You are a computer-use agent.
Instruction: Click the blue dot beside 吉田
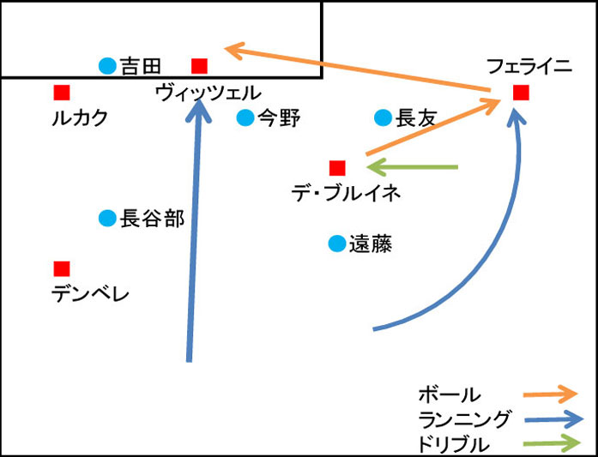coord(107,65)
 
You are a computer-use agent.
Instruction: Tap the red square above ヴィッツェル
coord(199,65)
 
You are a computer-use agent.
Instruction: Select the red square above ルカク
coord(61,93)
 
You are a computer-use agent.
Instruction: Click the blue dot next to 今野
coord(245,117)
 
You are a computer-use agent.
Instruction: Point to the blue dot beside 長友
coord(383,117)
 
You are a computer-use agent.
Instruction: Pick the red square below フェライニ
coord(520,93)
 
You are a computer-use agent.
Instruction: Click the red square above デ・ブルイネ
coord(337,167)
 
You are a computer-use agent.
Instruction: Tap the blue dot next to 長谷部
coord(107,219)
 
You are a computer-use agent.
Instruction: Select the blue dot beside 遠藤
coord(336,244)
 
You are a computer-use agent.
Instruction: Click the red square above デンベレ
coord(61,268)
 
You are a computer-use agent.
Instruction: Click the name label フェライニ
coord(529,66)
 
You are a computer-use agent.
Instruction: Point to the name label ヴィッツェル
coord(208,93)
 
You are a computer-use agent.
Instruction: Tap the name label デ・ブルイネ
coord(346,194)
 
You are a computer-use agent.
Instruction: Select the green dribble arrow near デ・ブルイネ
coord(412,166)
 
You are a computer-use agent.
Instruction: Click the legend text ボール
coord(450,395)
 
